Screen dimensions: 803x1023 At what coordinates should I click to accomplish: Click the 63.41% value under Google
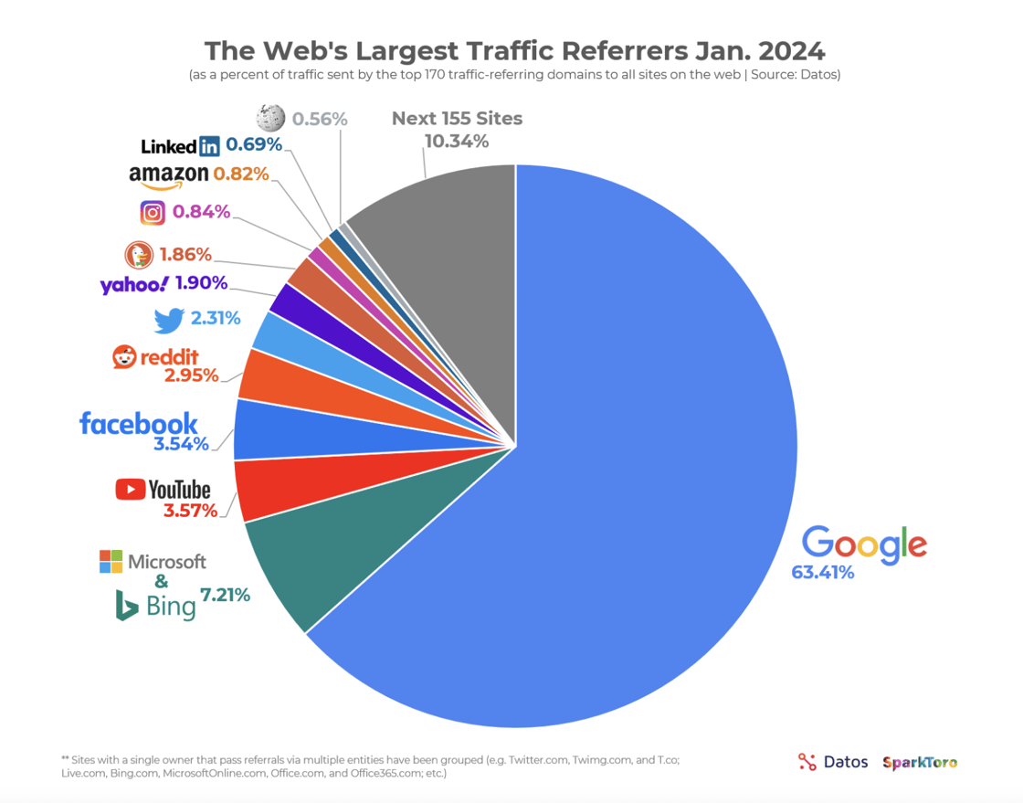[x=822, y=573]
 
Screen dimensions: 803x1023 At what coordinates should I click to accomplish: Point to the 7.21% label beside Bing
[x=225, y=595]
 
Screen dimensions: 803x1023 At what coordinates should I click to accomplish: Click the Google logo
[x=864, y=543]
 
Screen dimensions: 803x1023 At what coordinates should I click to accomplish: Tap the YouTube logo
[x=163, y=490]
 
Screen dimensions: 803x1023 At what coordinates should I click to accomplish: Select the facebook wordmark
[x=139, y=423]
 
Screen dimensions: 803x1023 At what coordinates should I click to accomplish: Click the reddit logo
[x=155, y=357]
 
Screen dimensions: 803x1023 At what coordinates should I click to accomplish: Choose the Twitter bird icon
[x=169, y=320]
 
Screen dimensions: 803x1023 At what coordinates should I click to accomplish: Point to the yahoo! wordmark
[x=134, y=284]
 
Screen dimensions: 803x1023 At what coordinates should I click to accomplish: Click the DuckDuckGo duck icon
[x=138, y=255]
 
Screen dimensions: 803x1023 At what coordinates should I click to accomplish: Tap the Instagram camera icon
[x=153, y=213]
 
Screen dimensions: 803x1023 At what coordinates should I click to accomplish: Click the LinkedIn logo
[x=181, y=145]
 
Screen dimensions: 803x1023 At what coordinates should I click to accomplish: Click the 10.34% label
[x=457, y=142]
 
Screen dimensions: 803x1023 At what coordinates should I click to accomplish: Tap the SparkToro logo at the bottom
[x=920, y=762]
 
